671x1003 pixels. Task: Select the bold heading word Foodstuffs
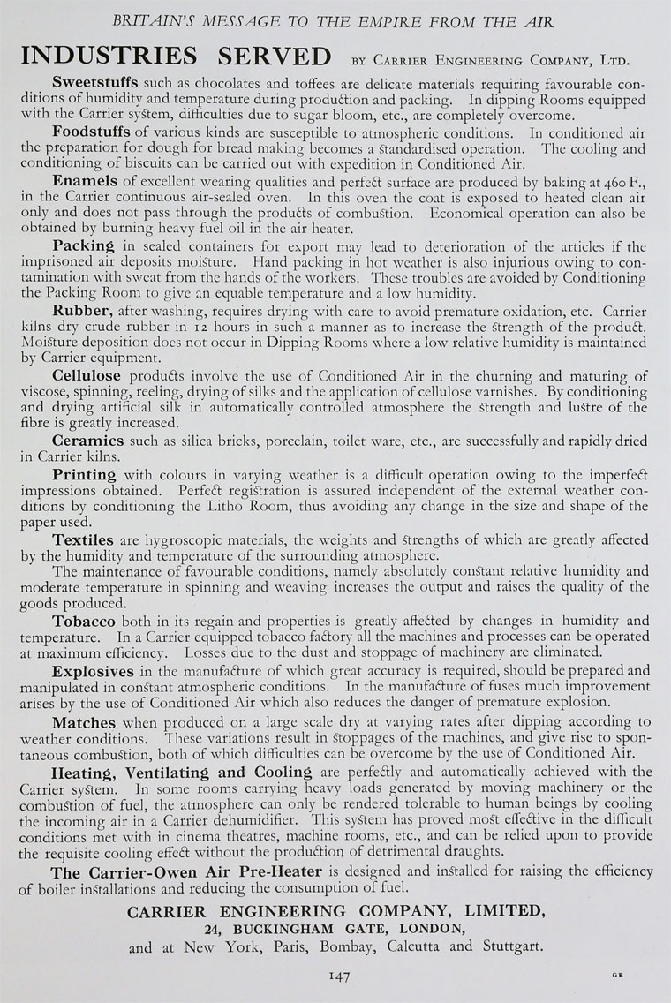(93, 131)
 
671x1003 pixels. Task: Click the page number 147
(340, 975)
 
